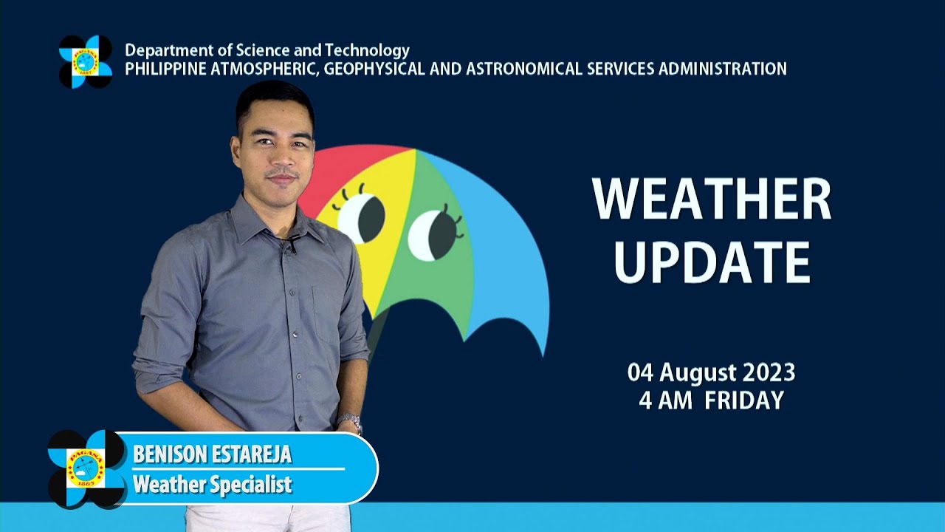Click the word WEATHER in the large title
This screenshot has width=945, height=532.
click(x=712, y=199)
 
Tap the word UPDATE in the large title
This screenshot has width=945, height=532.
click(x=712, y=262)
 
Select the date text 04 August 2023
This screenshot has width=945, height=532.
click(x=711, y=372)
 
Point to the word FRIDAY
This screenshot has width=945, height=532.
click(x=745, y=400)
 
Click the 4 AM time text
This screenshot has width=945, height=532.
click(x=665, y=400)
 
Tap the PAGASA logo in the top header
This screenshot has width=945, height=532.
click(x=86, y=61)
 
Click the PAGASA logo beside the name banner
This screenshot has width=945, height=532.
click(x=86, y=468)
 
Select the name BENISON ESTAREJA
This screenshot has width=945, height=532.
click(x=212, y=454)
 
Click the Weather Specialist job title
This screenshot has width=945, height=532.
click(x=213, y=484)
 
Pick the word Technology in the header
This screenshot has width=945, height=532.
click(x=367, y=51)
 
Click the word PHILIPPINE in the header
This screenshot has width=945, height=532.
click(x=166, y=69)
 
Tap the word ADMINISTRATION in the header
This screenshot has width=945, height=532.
click(x=723, y=69)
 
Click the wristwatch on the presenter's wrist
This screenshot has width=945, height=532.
click(x=350, y=422)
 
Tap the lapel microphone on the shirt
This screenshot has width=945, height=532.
click(x=292, y=244)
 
